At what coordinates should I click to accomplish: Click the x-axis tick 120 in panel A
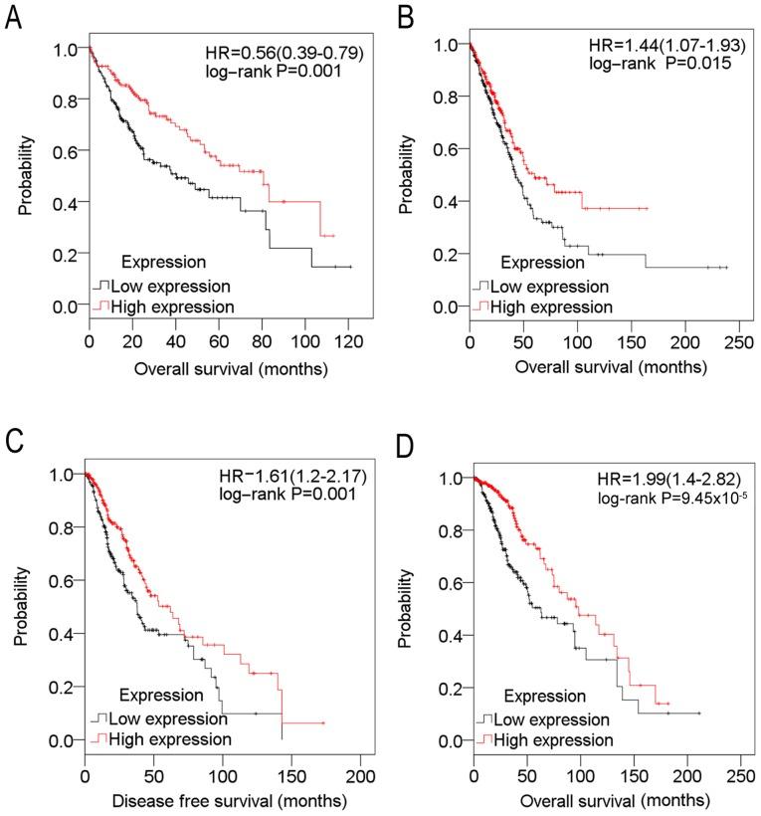coord(348,340)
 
